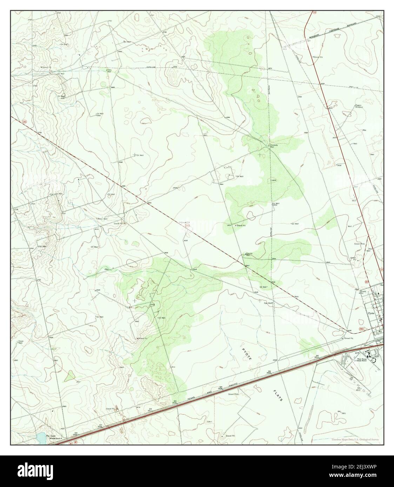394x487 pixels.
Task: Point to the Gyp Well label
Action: [x=268, y=303]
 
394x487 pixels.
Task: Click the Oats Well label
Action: [x=109, y=71]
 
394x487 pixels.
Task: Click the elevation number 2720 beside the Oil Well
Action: [x=63, y=98]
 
